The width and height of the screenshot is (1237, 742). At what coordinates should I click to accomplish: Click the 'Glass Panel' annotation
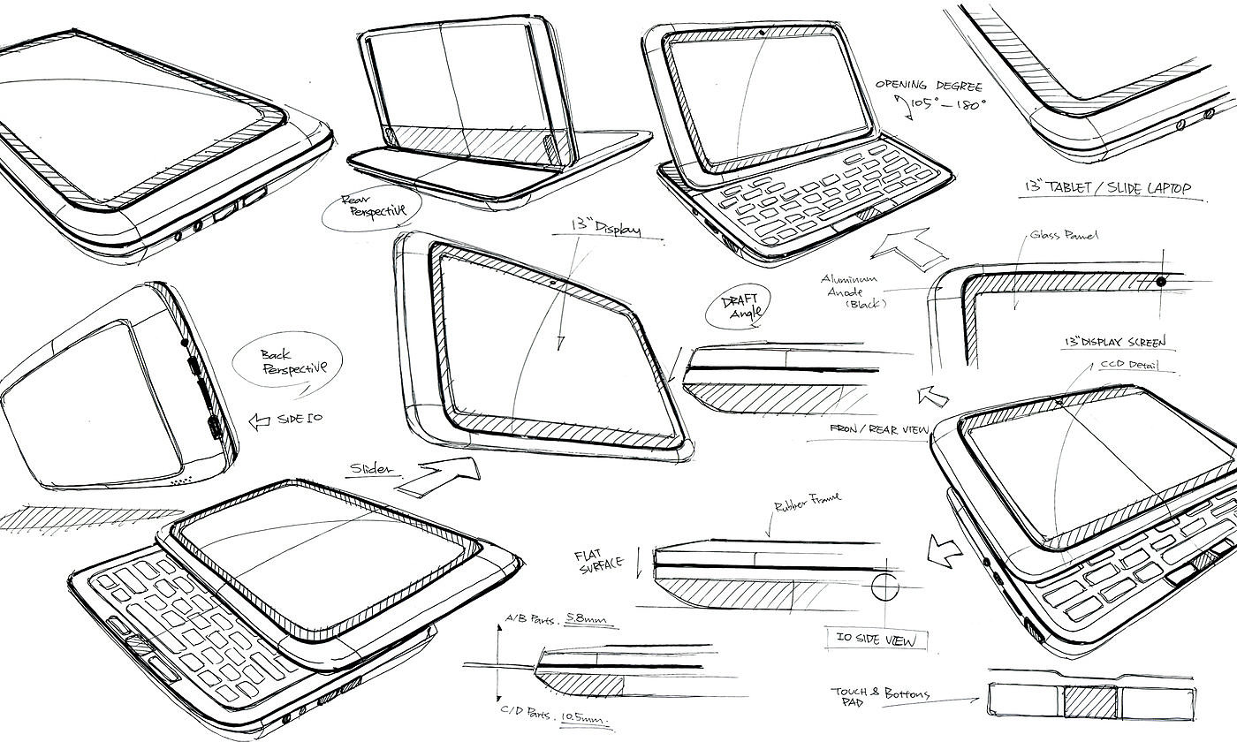coord(1065,236)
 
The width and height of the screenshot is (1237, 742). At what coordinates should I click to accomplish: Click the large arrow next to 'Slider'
coord(436,478)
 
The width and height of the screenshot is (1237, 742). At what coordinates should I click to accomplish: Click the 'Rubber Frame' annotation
coord(808,505)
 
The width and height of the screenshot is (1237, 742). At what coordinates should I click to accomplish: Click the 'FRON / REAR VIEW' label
coord(878,430)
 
